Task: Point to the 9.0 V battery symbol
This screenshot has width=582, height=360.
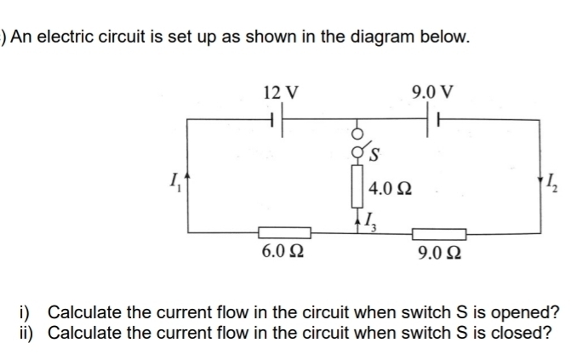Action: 430,121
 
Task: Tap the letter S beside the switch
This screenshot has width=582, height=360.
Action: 374,155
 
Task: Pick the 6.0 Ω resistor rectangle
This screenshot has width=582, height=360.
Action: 282,231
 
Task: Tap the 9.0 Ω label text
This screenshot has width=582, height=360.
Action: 440,253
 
